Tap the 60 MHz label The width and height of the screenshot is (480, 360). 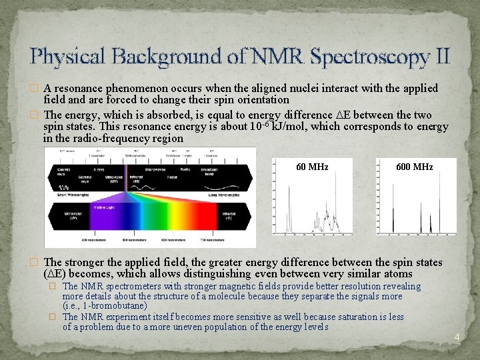(x=312, y=167)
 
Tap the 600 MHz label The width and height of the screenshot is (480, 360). (x=414, y=167)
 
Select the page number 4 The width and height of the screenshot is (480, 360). (x=457, y=337)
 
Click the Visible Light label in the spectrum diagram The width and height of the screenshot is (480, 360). (x=101, y=208)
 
